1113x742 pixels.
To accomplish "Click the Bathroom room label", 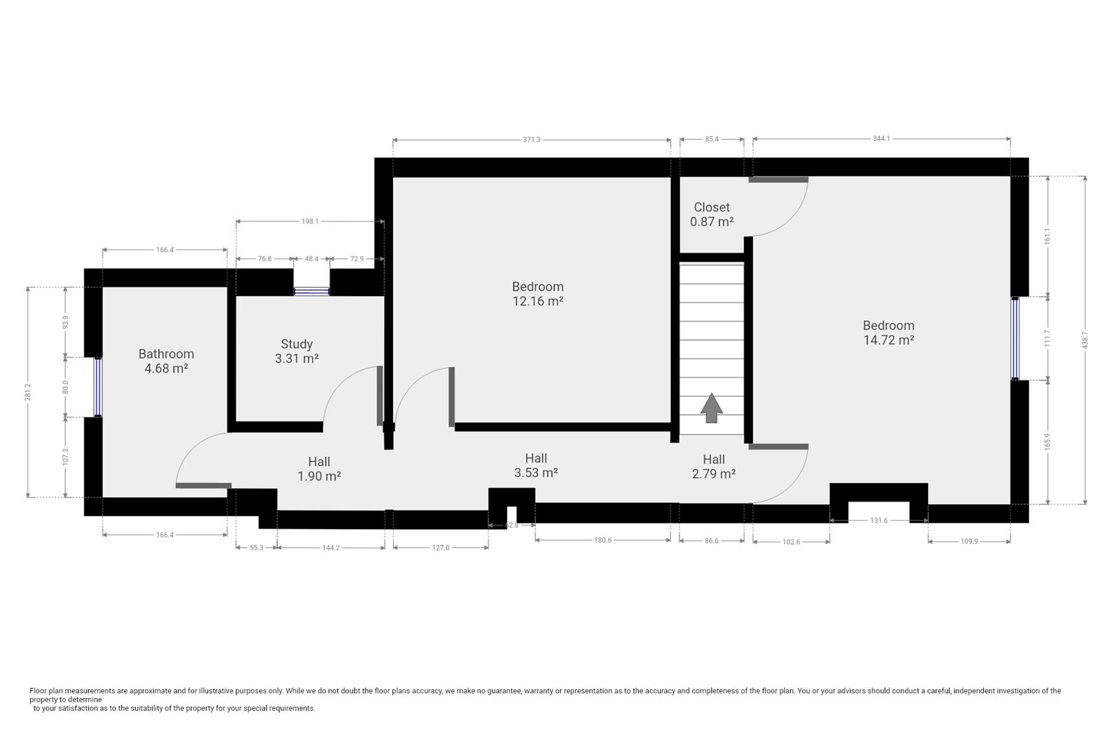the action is click(x=166, y=354).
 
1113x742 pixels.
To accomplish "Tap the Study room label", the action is click(x=297, y=344).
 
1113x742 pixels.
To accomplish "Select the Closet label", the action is click(x=712, y=207).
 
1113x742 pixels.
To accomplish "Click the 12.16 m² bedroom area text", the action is click(x=538, y=301).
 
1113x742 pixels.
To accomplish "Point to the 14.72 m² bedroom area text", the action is click(x=888, y=340).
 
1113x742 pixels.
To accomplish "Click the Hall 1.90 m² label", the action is click(x=319, y=469).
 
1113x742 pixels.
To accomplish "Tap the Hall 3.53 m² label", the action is click(x=536, y=465).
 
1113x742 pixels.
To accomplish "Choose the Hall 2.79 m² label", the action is click(x=714, y=466).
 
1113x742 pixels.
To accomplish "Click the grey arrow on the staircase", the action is click(x=712, y=408).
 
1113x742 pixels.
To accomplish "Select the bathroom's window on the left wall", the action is click(x=98, y=387).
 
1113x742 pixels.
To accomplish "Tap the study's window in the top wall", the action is click(x=311, y=292).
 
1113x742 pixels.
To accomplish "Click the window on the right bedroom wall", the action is click(x=1015, y=338).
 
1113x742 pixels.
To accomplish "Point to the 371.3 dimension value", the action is click(x=531, y=139).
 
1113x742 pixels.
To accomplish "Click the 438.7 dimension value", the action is click(x=1085, y=340).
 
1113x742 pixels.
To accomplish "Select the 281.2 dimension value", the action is click(x=27, y=392).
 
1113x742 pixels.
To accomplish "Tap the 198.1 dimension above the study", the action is click(x=310, y=221).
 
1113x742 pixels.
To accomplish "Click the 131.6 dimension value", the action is click(x=879, y=520).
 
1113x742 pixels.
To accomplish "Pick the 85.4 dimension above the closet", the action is click(x=712, y=139).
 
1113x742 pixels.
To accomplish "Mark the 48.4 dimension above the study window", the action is click(x=311, y=259).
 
